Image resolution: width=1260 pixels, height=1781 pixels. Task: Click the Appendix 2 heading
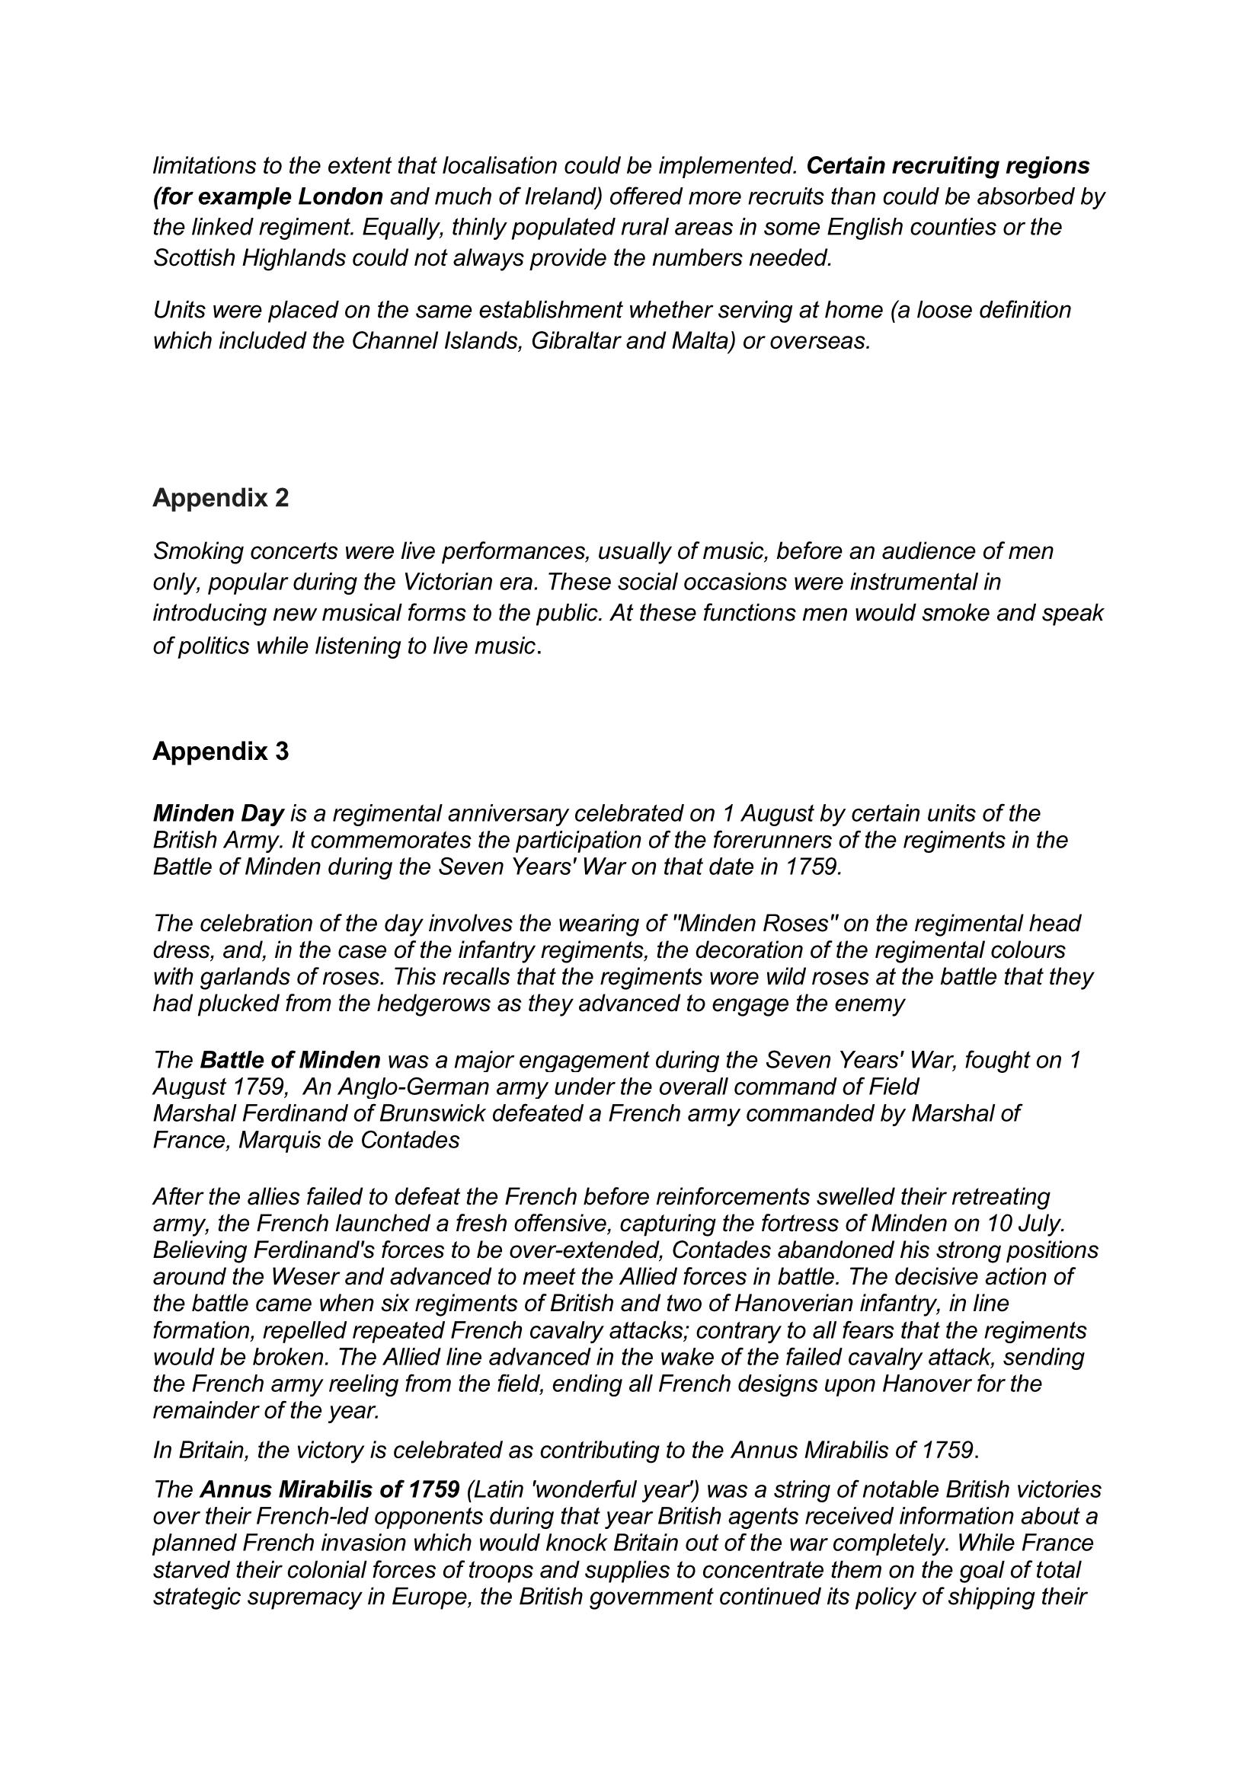click(220, 498)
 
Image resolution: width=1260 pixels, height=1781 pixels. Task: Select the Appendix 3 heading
click(220, 751)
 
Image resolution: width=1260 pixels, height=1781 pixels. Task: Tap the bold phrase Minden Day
click(219, 814)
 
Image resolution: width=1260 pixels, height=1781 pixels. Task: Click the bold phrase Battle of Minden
click(290, 1060)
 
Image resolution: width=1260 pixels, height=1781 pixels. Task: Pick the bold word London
click(341, 196)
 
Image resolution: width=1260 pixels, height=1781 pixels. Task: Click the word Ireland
click(559, 196)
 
